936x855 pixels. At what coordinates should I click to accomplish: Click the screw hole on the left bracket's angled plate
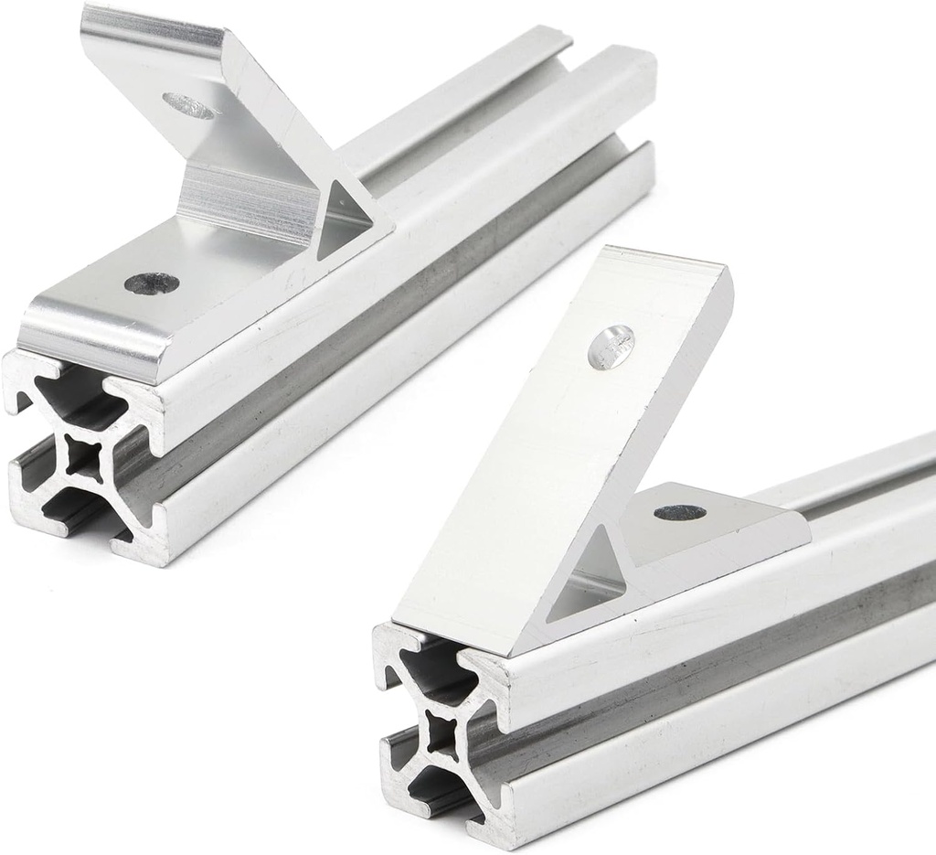click(190, 106)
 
